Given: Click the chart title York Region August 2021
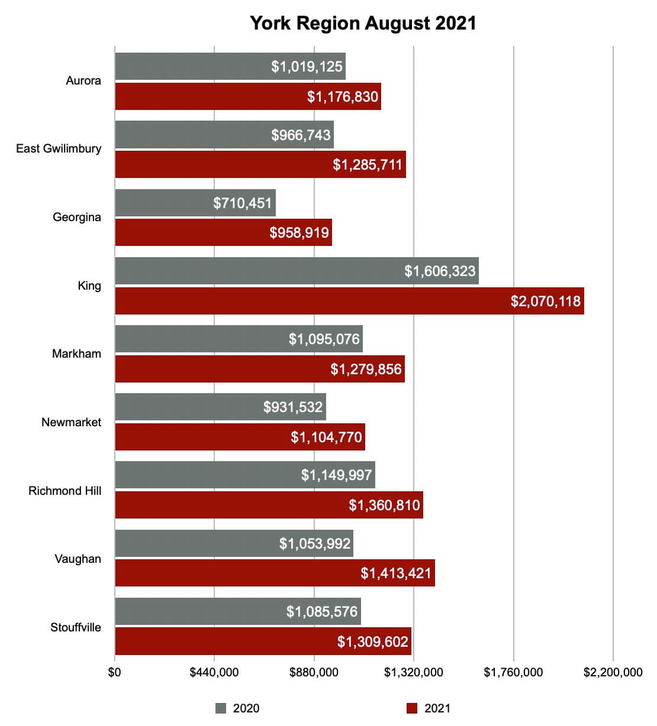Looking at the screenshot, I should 363,23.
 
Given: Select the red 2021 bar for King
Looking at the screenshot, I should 349,301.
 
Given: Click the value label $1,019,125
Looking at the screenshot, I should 307,66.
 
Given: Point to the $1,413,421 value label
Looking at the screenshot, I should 396,573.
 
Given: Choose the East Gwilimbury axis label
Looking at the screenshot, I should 59,148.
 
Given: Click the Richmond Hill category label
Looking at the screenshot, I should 65,491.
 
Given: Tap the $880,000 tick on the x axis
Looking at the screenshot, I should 314,672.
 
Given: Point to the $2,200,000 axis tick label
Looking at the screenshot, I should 613,672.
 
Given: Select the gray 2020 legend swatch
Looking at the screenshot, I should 221,708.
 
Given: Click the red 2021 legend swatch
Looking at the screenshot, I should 412,708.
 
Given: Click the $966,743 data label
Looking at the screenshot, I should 301,135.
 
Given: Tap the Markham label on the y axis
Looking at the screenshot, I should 76,354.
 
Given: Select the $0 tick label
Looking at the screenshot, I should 114,672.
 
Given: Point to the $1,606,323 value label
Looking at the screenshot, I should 440,271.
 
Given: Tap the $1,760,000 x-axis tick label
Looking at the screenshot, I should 513,672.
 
